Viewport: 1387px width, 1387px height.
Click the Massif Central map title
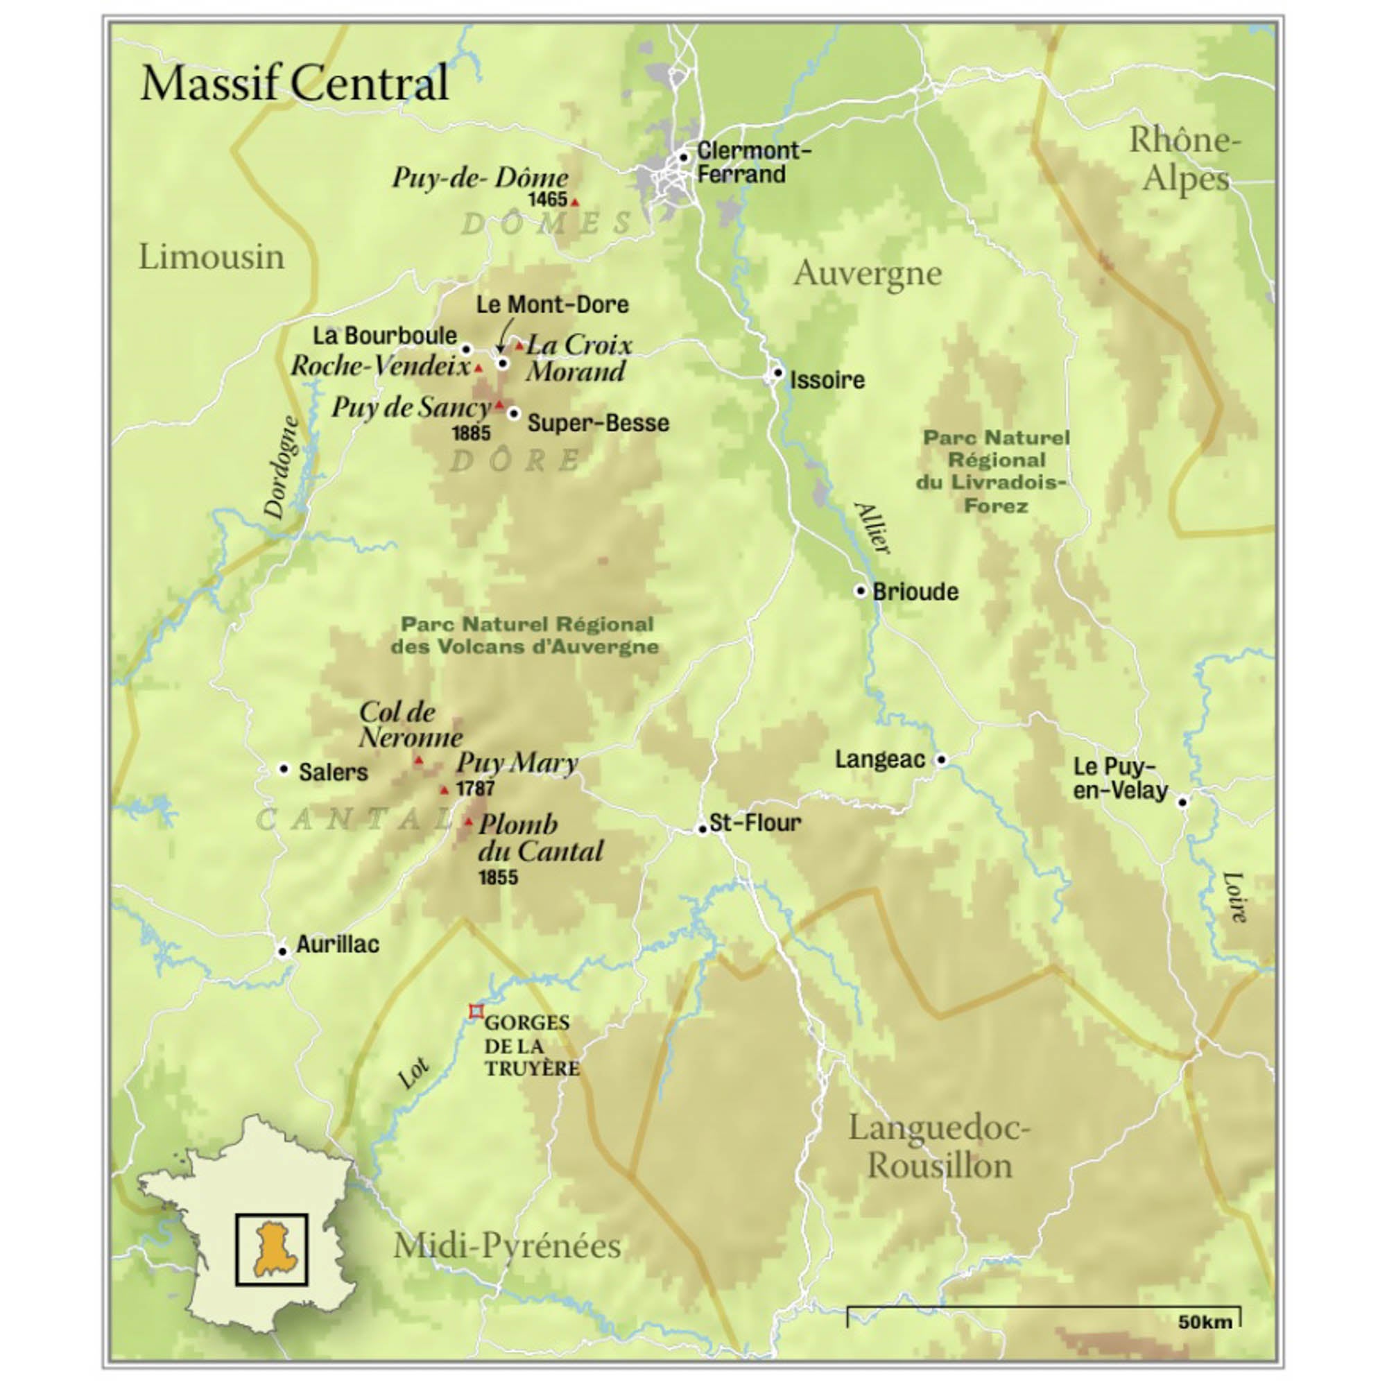point(294,83)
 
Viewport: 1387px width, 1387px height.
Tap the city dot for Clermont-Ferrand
point(684,157)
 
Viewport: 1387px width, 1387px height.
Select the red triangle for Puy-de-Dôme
point(574,203)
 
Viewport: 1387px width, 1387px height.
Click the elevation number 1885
point(471,433)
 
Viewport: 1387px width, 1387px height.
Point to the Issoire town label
point(827,380)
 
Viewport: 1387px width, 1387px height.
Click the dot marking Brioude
point(860,591)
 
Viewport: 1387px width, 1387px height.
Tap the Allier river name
point(872,528)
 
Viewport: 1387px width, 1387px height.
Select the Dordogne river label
point(282,467)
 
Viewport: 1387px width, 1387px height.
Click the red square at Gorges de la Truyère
point(476,1012)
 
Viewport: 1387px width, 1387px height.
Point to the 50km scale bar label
point(1205,1323)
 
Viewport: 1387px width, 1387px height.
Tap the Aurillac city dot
point(283,952)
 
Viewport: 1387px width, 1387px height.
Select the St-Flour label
point(755,822)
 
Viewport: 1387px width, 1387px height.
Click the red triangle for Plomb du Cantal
point(469,821)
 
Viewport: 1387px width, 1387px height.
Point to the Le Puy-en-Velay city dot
point(1182,802)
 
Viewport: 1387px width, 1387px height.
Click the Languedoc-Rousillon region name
point(939,1147)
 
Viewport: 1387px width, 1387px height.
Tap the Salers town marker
point(284,769)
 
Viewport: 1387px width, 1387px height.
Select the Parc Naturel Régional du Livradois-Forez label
point(995,471)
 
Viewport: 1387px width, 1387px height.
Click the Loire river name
point(1234,897)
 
